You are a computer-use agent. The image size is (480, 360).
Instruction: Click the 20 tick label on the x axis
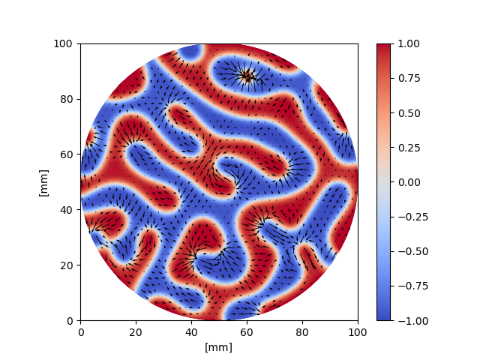point(136,331)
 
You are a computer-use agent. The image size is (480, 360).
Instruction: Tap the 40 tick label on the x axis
point(191,331)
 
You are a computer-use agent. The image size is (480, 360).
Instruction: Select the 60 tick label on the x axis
point(247,331)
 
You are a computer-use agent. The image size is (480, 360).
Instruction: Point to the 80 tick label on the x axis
point(302,331)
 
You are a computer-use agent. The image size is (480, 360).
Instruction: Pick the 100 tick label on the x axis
point(358,331)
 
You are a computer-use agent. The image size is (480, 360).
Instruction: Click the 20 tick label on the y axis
point(67,265)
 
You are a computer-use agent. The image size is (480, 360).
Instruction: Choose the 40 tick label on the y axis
point(67,210)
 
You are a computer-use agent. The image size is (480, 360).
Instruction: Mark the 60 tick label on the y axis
point(67,154)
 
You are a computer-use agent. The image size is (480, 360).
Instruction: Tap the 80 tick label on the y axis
point(67,99)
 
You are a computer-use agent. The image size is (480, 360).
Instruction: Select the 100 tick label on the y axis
point(65,43)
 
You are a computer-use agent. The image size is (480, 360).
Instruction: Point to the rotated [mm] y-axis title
point(43,182)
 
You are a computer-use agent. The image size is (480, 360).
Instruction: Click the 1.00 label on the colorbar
point(406,43)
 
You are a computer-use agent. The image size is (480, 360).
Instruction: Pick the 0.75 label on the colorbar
point(406,78)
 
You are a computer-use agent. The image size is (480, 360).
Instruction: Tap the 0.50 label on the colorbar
point(406,112)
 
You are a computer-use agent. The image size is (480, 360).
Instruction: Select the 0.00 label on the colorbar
point(406,182)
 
